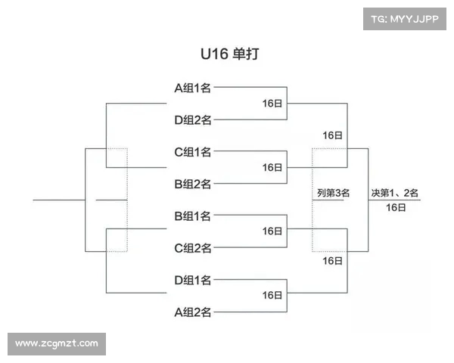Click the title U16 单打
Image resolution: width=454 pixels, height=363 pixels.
click(226, 55)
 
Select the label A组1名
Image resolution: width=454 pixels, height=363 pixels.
click(193, 88)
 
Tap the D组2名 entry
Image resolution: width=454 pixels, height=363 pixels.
click(193, 119)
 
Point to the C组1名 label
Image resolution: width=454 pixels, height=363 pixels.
click(193, 151)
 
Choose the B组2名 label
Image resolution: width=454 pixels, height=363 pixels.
click(193, 184)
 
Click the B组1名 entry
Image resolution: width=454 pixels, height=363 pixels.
click(193, 216)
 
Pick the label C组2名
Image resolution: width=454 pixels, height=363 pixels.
click(193, 248)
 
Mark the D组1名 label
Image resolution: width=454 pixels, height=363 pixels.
click(193, 280)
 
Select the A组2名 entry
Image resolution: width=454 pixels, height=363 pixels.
click(193, 312)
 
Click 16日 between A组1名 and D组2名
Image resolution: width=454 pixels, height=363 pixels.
click(272, 104)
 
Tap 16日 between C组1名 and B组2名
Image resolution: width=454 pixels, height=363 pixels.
click(272, 167)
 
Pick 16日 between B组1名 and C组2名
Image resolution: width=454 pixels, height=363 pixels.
click(272, 231)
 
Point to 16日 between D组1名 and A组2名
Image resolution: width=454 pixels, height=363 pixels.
click(272, 296)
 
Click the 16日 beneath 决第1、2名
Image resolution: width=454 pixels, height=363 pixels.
click(395, 207)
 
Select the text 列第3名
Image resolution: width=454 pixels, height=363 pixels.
click(333, 193)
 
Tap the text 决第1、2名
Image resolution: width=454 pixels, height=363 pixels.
click(395, 193)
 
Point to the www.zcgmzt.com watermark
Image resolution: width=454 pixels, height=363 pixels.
click(57, 343)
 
